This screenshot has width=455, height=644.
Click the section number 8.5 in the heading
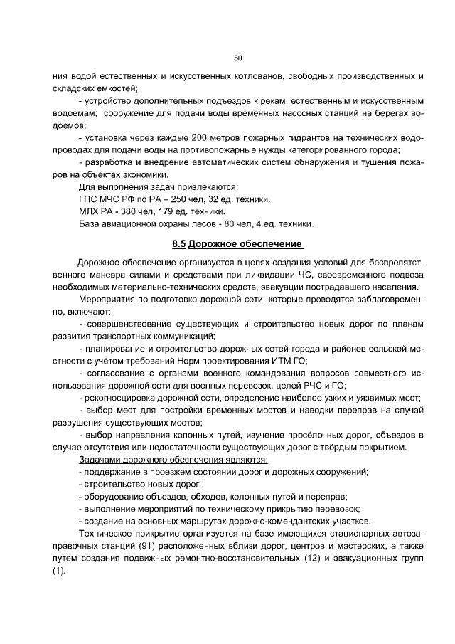point(178,244)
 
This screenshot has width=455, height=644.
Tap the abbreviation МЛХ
point(90,211)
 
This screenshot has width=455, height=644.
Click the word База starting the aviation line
point(90,224)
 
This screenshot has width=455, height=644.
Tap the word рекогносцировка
point(123,398)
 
